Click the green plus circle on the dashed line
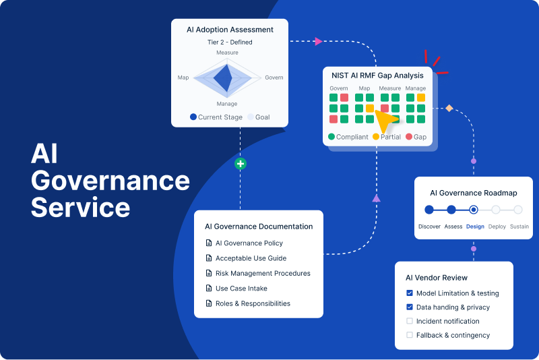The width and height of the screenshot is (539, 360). coord(241,164)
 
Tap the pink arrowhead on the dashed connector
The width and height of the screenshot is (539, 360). coord(319,41)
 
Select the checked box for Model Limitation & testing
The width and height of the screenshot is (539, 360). coord(410,293)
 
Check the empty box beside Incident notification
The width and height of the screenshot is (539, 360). coord(410,321)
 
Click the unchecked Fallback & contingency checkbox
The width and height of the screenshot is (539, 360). coord(410,335)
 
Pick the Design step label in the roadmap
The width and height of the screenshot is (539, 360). coord(475,227)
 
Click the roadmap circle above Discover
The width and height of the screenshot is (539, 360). coord(429,210)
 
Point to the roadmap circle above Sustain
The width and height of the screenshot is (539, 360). coord(518,210)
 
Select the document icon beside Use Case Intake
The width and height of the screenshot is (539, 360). coord(209,288)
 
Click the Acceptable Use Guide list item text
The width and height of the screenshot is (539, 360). coord(251,258)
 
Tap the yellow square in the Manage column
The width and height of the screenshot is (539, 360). coord(421,98)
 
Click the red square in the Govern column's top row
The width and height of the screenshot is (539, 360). coord(344,98)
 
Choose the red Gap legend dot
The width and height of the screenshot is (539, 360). coord(409,136)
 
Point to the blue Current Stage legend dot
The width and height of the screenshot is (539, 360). coord(193,117)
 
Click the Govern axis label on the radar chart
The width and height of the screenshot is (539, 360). coord(274,78)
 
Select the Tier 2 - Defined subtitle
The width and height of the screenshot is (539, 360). coord(230,42)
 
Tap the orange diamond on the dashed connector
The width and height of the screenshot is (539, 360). coord(449,109)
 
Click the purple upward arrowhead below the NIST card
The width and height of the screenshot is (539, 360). coord(377,198)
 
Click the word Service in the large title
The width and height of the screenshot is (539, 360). coord(80,208)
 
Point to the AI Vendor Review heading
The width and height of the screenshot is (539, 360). coord(437,278)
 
